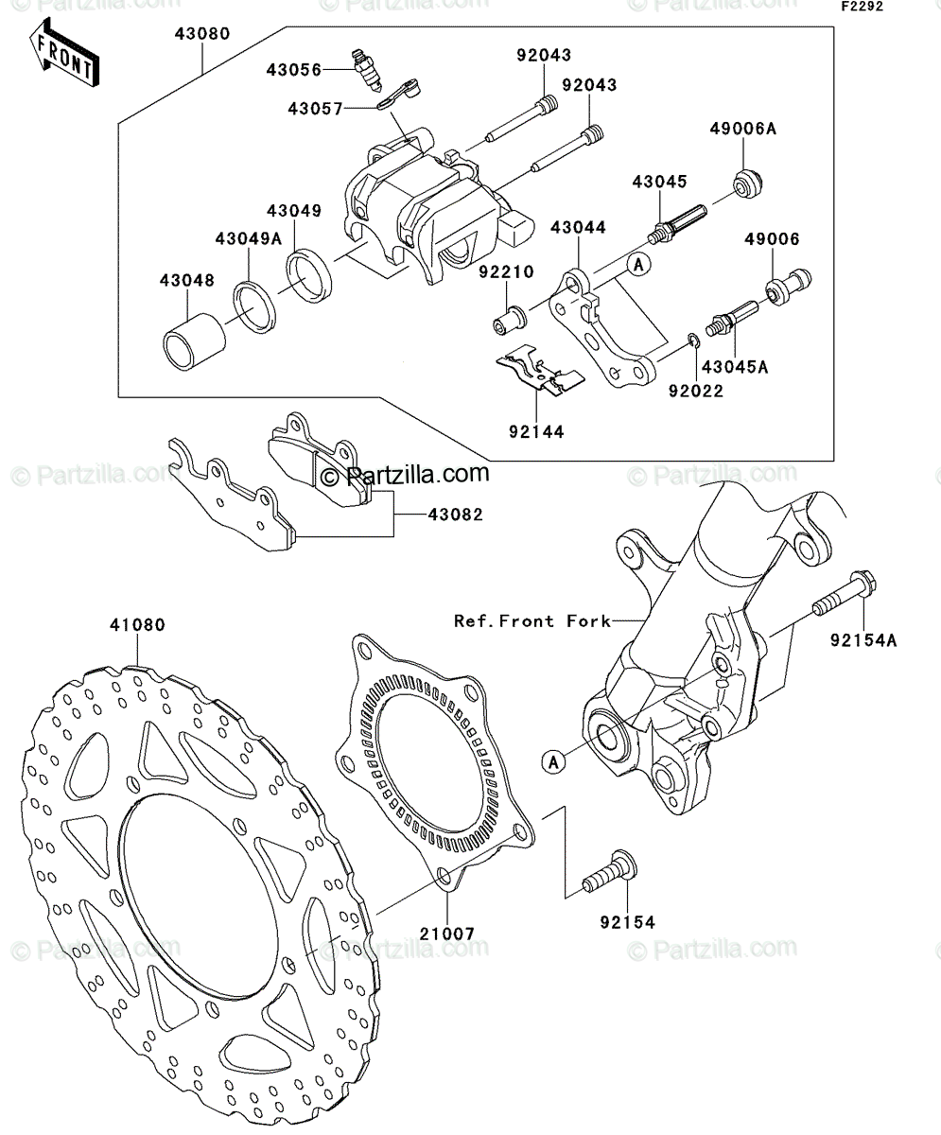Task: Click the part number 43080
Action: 202,34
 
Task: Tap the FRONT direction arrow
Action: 64,54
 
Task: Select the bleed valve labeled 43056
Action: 366,70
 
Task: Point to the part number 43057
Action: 315,109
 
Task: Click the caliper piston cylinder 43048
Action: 194,342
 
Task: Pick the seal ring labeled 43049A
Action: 254,307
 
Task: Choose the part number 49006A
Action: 742,129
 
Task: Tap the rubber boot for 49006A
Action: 747,183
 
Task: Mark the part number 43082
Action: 455,515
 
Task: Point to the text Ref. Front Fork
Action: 532,620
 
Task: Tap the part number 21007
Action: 446,934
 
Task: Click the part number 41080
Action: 137,625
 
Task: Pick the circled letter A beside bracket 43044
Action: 639,265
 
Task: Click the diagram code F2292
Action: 862,7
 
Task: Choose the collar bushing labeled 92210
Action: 510,321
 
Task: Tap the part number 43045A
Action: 735,367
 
